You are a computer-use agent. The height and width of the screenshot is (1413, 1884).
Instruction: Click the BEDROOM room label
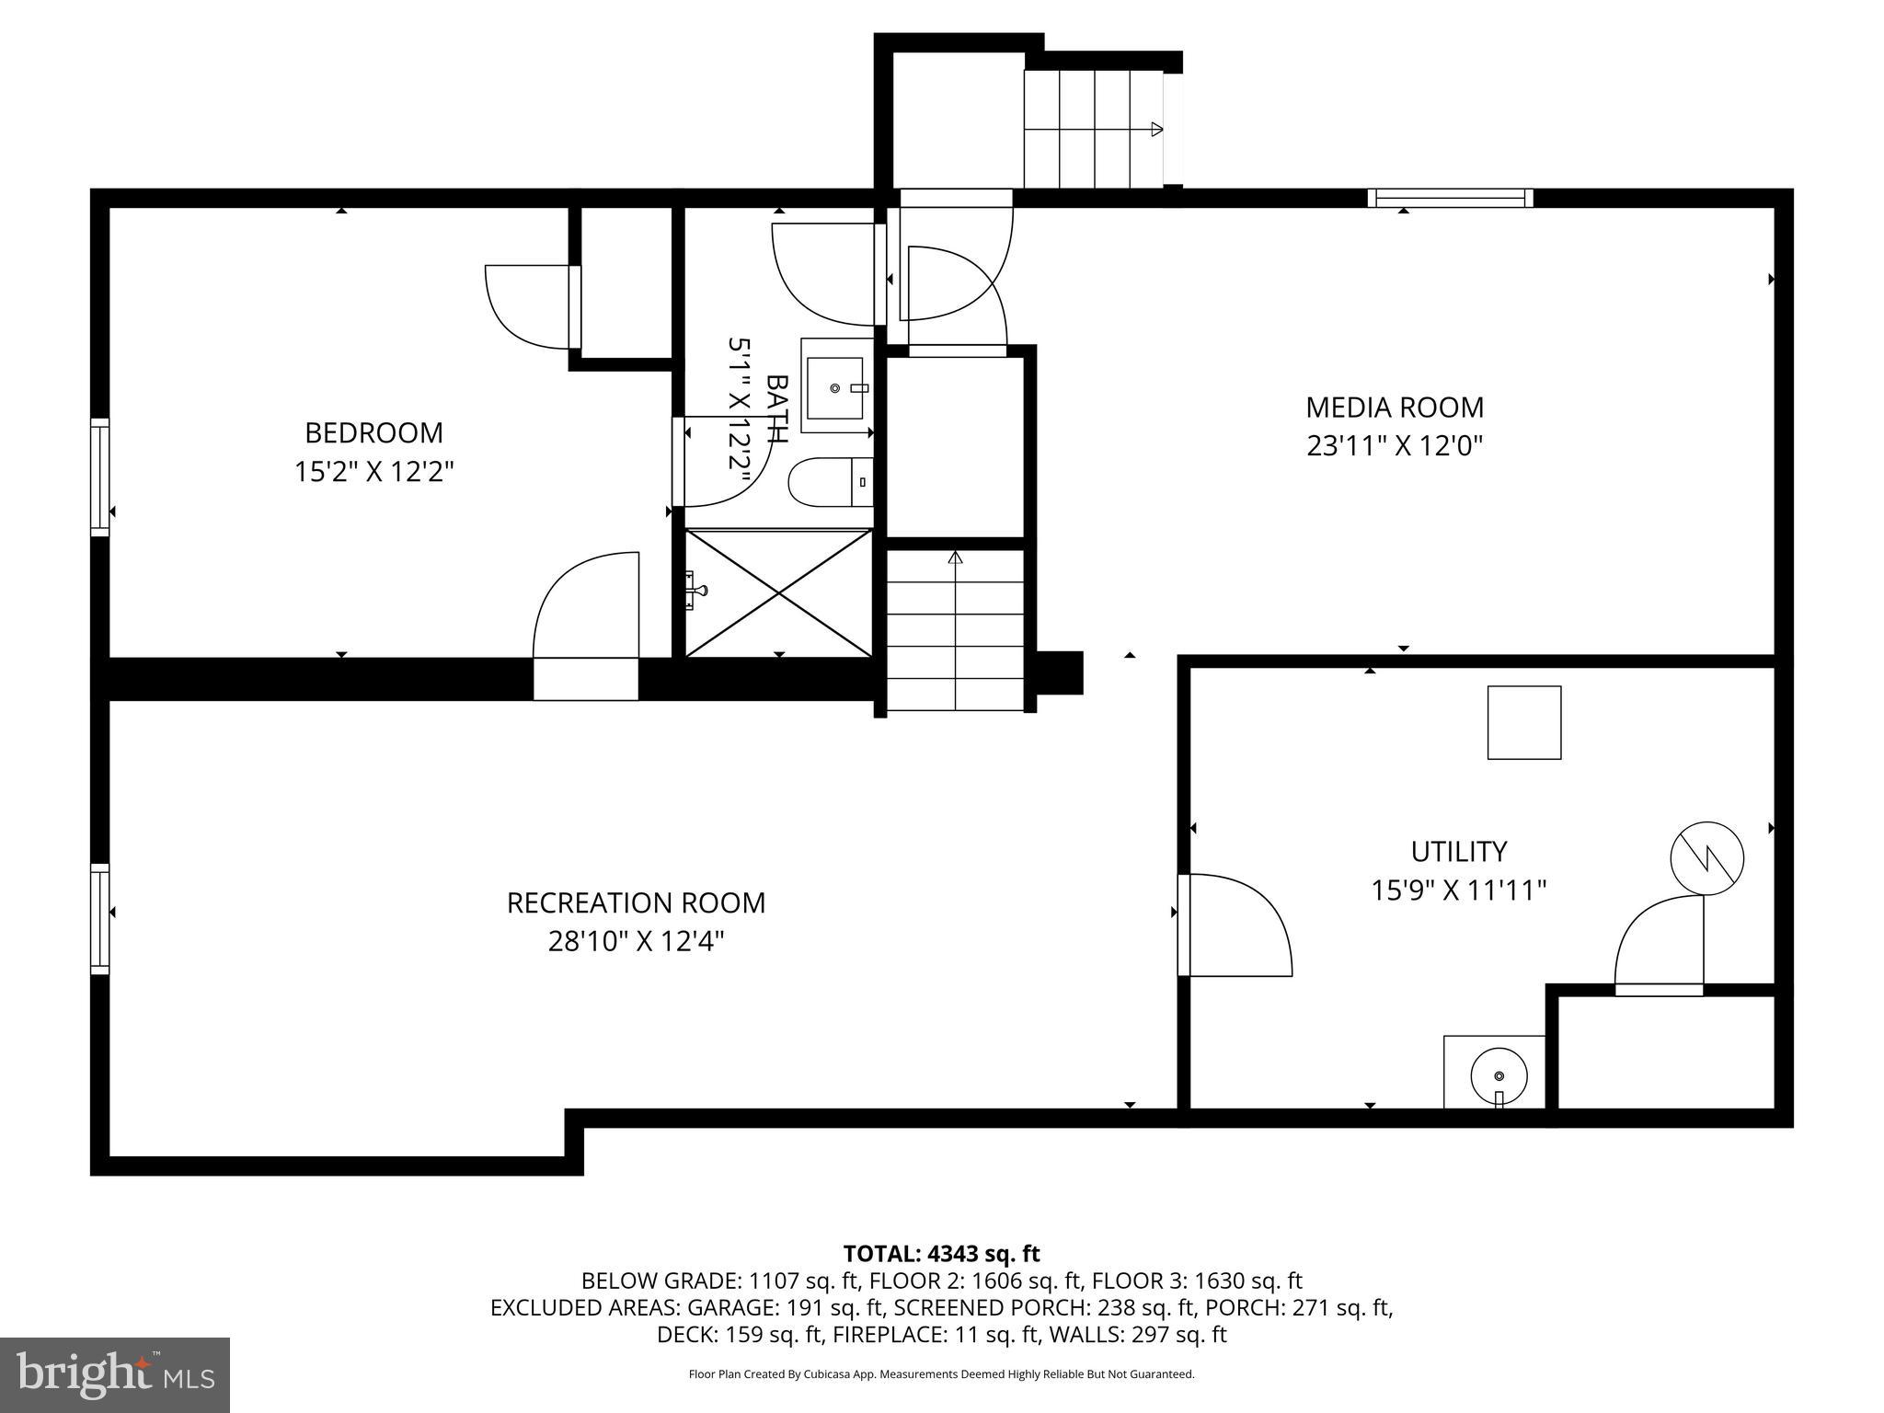pyautogui.click(x=373, y=432)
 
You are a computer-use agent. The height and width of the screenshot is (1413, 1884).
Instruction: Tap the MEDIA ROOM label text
pyautogui.click(x=1395, y=407)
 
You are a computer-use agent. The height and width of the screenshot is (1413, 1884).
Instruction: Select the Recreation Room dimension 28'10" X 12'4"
pyautogui.click(x=636, y=942)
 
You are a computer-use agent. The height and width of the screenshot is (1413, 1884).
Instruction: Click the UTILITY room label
pyautogui.click(x=1458, y=851)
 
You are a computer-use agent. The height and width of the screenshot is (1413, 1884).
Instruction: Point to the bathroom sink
pyautogui.click(x=835, y=387)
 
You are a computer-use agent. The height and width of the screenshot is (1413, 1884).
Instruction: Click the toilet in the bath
pyautogui.click(x=828, y=482)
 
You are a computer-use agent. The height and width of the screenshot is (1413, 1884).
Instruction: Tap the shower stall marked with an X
pyautogui.click(x=778, y=592)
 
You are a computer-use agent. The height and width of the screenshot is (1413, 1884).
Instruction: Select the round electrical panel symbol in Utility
pyautogui.click(x=1706, y=858)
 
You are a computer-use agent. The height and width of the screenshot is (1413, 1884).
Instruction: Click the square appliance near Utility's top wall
pyautogui.click(x=1523, y=722)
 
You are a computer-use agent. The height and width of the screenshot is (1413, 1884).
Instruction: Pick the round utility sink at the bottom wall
pyautogui.click(x=1498, y=1074)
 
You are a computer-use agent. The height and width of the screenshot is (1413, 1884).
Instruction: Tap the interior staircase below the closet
pyautogui.click(x=955, y=635)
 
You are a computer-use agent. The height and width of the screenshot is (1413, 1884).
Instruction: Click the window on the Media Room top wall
pyautogui.click(x=1450, y=198)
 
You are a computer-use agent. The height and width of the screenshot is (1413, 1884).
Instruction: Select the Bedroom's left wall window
pyautogui.click(x=99, y=477)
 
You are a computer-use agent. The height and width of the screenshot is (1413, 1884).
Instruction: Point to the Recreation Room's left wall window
pyautogui.click(x=99, y=918)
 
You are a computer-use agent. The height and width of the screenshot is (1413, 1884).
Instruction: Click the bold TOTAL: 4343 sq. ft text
pyautogui.click(x=941, y=1254)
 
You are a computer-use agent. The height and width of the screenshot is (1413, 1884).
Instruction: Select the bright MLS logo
pyautogui.click(x=115, y=1374)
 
